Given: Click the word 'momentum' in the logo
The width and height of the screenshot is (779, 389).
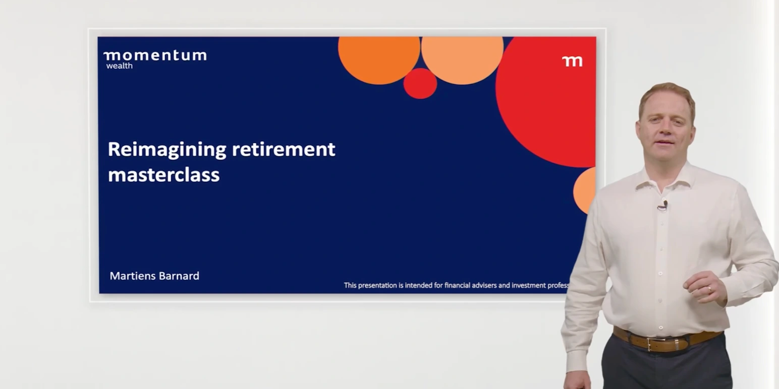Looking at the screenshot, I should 155,55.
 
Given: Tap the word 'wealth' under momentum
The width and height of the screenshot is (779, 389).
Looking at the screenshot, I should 119,66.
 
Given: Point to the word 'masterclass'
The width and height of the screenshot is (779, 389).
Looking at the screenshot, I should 163,175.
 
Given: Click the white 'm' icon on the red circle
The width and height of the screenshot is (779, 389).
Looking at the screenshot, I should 572,61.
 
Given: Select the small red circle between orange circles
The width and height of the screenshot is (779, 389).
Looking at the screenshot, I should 420,84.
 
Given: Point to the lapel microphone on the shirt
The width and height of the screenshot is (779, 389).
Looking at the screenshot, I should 665,204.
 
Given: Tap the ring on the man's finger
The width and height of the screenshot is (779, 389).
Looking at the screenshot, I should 709,289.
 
